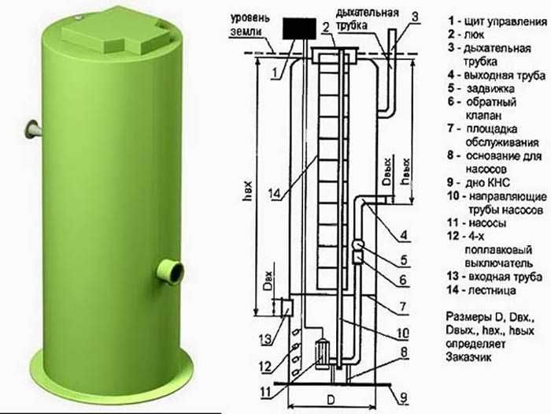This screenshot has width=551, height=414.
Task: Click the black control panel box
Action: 298,28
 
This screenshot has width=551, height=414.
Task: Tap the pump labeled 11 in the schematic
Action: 321,353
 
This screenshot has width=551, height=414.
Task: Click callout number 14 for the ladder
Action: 275,193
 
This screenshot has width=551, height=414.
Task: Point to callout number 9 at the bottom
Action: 404,397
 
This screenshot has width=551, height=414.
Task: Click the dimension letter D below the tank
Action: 331,400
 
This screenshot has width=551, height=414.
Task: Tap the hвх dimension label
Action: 248,191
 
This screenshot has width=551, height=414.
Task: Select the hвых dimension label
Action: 406,171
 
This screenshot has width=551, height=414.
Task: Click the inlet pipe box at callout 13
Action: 287,308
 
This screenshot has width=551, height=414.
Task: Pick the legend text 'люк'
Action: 474,35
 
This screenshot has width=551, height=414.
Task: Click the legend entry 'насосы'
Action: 487,223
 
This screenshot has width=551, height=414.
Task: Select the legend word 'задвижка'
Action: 490,88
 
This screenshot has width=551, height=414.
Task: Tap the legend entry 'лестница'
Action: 492,290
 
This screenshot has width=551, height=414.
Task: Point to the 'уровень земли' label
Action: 250,24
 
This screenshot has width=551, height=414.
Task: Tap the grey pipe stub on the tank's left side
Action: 33,129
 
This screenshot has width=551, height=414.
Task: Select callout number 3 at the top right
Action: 415,17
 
